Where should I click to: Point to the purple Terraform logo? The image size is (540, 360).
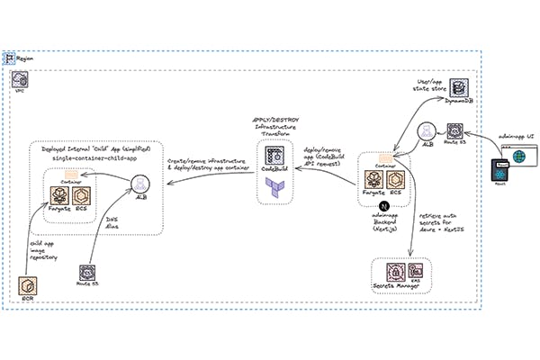[272, 184]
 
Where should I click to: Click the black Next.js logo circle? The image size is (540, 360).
[382, 205]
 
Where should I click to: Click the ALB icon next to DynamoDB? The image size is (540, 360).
[427, 131]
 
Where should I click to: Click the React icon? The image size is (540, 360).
[499, 171]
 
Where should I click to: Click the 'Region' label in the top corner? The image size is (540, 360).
[25, 57]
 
